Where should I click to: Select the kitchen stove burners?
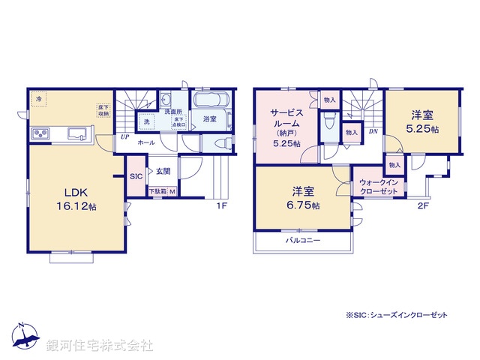(40, 134)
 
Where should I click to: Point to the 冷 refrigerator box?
(38, 98)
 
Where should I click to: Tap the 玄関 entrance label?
(163, 172)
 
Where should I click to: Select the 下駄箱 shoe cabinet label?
(157, 192)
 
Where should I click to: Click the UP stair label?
(123, 137)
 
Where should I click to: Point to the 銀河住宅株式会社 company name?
(99, 346)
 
